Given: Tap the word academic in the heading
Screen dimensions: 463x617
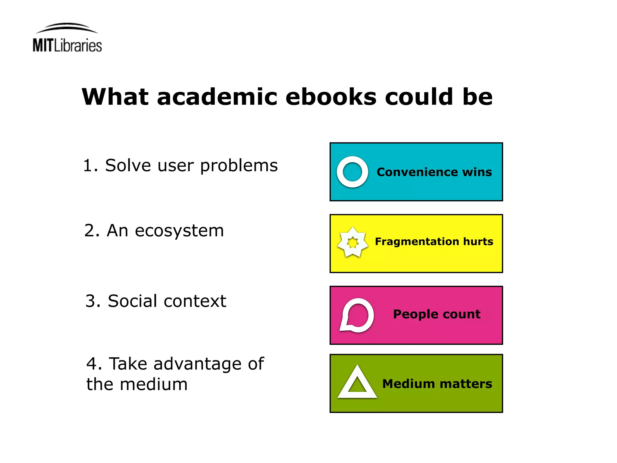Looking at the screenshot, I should [217, 97].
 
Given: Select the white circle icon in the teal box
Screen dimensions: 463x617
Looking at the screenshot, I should [352, 172].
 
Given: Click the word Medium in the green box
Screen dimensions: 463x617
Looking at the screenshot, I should [409, 384].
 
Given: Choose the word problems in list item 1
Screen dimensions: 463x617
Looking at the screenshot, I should [239, 166].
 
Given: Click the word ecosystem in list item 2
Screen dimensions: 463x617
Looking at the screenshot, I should [179, 231].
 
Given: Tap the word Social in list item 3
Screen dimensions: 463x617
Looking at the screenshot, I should [133, 301].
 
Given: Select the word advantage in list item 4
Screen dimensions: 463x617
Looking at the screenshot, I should [197, 364].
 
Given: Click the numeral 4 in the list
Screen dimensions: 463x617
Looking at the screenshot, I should [92, 364].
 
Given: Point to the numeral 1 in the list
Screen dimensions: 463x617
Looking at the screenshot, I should [88, 166].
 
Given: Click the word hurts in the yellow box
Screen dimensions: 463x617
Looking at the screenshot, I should [478, 241].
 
